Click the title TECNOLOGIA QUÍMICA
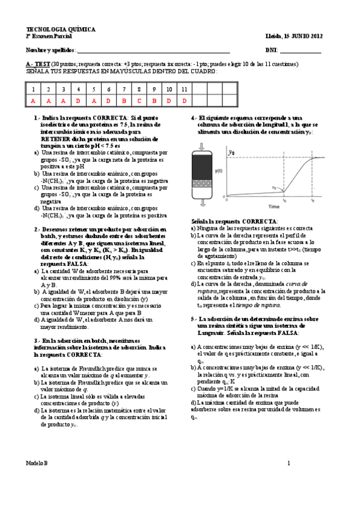[52, 29]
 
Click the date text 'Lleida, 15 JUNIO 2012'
[294, 36]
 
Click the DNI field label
[271, 50]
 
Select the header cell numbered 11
[185, 89]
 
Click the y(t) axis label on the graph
[218, 171]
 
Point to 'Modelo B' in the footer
[36, 480]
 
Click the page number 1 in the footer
[288, 480]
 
